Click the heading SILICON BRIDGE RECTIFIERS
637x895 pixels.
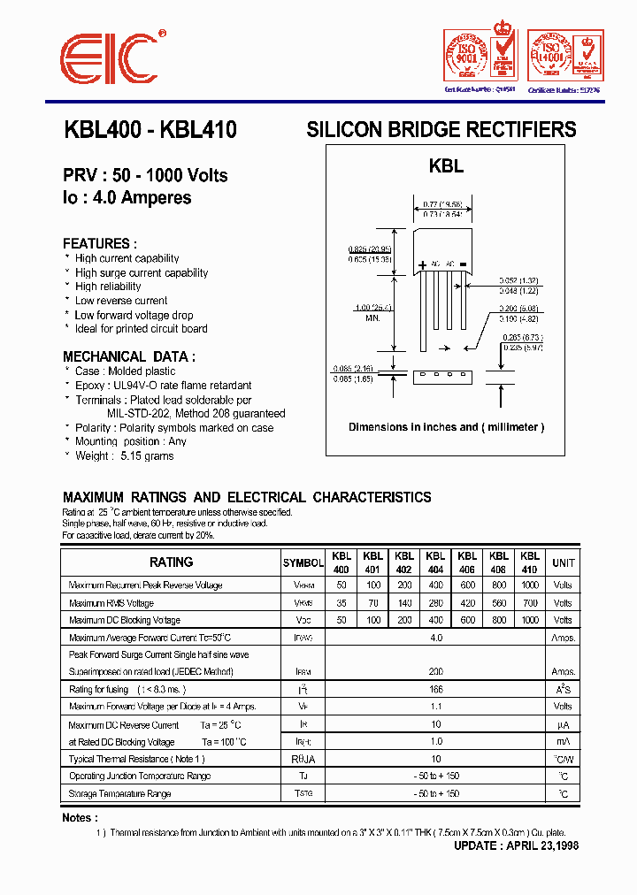point(441,130)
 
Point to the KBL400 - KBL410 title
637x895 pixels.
point(150,130)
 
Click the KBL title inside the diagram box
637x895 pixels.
point(446,165)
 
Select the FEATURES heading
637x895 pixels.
point(99,243)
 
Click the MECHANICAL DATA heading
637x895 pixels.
point(129,356)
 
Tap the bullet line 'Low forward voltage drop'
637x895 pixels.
point(134,315)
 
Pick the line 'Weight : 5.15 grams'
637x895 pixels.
point(124,456)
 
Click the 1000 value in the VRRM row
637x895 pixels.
point(530,585)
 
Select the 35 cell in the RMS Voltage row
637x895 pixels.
point(342,603)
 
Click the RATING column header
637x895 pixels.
point(171,562)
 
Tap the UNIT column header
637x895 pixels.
point(563,562)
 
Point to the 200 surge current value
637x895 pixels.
point(435,672)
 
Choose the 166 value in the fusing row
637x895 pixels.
point(435,690)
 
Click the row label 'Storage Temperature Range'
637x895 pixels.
point(119,794)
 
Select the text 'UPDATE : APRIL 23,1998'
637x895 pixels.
point(516,846)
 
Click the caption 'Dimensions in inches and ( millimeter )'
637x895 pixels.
point(446,427)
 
